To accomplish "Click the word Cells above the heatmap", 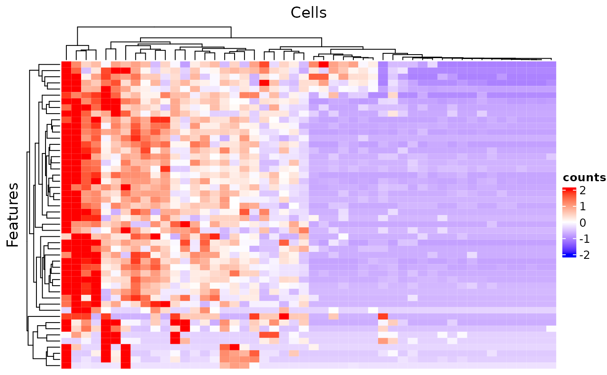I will click(x=308, y=13).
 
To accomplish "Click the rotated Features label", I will click(x=13, y=215).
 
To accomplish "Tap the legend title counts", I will click(x=584, y=177).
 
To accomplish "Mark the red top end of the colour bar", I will click(x=569, y=189).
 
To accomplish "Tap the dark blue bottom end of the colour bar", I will click(x=569, y=256).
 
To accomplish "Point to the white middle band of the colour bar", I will click(x=569, y=222).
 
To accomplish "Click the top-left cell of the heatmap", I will click(x=66, y=65).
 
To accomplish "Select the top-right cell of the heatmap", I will click(x=551, y=65).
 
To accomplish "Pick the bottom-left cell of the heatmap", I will click(x=66, y=365).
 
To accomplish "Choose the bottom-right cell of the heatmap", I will click(x=551, y=365).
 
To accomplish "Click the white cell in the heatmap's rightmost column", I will click(x=551, y=328).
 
